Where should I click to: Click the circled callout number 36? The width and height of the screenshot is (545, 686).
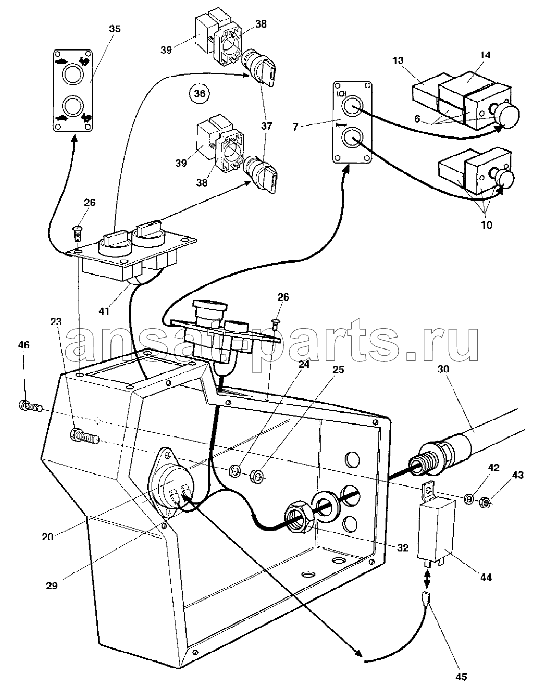(x=200, y=94)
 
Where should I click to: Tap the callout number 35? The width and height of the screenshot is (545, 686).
(x=115, y=29)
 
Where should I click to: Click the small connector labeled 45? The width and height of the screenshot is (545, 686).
(x=427, y=597)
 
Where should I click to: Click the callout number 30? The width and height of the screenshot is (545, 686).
(x=443, y=369)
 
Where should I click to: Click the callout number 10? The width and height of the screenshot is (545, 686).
(x=486, y=224)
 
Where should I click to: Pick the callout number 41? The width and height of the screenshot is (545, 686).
(x=104, y=311)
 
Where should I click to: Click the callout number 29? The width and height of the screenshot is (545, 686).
(x=52, y=585)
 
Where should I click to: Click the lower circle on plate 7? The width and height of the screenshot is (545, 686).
(x=352, y=138)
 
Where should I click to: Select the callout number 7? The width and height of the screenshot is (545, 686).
(x=295, y=127)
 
